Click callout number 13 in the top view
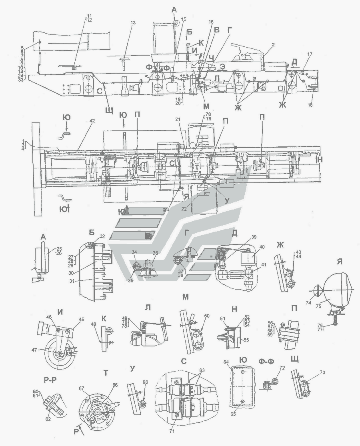tap(133, 23)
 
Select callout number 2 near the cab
tap(272, 46)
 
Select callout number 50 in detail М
tap(206, 316)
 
